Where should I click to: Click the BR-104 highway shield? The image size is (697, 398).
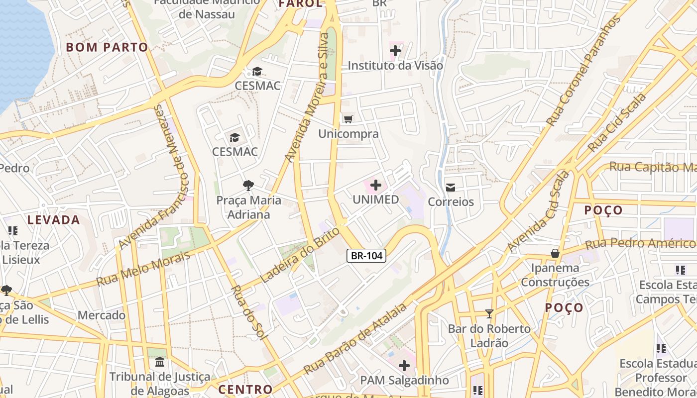click(x=366, y=256)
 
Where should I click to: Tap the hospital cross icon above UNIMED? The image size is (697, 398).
click(x=376, y=186)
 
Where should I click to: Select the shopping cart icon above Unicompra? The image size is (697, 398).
click(x=348, y=119)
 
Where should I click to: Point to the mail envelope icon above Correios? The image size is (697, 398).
click(x=451, y=188)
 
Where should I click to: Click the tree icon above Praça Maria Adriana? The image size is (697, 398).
click(x=248, y=186)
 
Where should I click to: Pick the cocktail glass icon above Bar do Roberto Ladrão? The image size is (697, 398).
click(x=489, y=314)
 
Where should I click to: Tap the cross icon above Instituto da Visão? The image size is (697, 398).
click(x=395, y=50)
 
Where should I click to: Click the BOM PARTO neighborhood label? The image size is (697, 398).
click(x=107, y=48)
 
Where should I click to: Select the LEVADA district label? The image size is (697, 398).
click(x=54, y=220)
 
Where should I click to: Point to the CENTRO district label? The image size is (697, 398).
click(x=245, y=390)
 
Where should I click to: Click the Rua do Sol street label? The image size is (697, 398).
click(x=247, y=312)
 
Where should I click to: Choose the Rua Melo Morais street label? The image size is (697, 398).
click(x=143, y=269)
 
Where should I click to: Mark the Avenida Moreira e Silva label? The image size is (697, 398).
click(x=307, y=98)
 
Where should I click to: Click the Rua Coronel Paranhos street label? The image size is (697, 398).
click(x=583, y=71)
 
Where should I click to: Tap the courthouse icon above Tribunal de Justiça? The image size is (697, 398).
click(x=160, y=362)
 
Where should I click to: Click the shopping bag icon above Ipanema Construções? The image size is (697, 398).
click(x=555, y=254)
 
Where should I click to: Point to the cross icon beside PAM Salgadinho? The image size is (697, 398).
click(x=404, y=366)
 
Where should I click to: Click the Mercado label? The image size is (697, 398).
click(x=102, y=315)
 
